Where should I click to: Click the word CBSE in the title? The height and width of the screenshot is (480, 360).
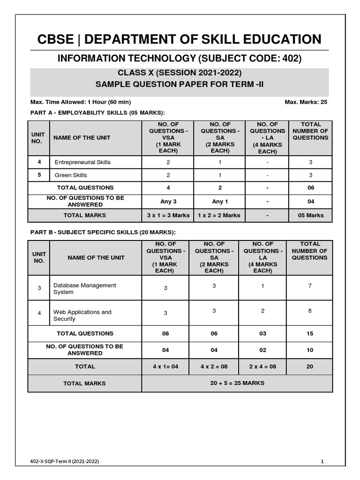coord(55,39)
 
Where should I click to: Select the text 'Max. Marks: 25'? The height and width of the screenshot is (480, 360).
coord(306,102)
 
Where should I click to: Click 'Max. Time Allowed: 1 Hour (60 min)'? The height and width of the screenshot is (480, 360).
coord(81,102)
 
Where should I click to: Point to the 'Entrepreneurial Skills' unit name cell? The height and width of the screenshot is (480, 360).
coord(82,162)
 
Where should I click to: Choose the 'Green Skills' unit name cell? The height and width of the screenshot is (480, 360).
coord(71,175)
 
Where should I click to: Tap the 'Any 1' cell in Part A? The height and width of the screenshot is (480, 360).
coord(220,202)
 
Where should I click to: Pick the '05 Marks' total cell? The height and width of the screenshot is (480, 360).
coord(310,215)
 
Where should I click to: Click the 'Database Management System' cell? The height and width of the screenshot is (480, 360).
coord(84,288)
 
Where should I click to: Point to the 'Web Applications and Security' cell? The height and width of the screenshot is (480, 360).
coord(82,315)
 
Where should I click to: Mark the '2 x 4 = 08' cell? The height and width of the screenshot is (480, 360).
coord(262,367)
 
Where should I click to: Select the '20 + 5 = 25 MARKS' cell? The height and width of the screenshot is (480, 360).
coord(237,383)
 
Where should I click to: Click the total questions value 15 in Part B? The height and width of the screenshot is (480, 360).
coord(310,333)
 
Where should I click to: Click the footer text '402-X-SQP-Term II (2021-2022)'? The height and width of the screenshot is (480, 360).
coord(64,461)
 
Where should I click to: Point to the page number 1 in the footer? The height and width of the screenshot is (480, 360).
coord(322,461)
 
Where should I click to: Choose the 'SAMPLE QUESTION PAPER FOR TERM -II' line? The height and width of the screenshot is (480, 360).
coord(180,84)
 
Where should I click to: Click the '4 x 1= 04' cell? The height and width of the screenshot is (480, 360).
coord(165,367)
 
